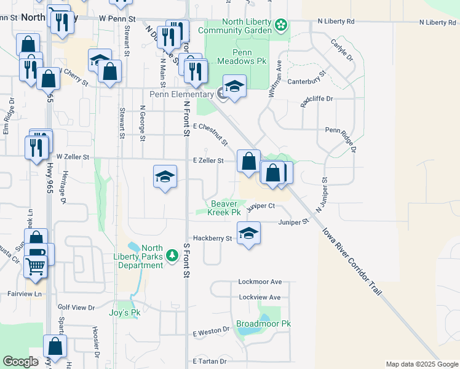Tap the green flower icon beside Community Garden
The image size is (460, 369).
(x=280, y=25)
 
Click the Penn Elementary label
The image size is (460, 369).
(x=181, y=94)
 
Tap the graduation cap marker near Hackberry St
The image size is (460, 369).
(x=248, y=234)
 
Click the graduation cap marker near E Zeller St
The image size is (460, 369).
(x=164, y=178)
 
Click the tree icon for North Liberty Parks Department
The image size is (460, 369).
(x=172, y=254)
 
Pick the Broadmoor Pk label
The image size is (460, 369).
(x=263, y=323)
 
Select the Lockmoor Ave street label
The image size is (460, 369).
(x=260, y=282)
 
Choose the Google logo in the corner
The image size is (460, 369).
(x=21, y=362)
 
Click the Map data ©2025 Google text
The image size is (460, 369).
(x=421, y=364)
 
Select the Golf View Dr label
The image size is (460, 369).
(x=76, y=307)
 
